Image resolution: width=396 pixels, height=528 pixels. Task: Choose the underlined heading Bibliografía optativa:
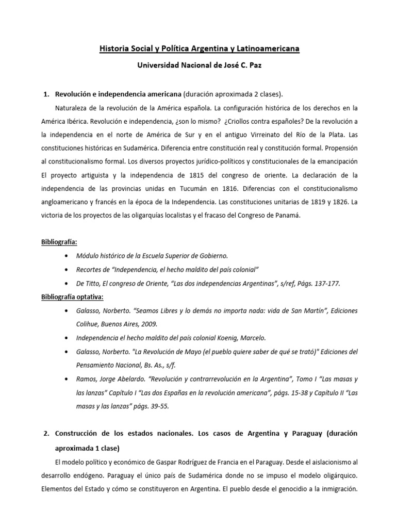72,297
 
